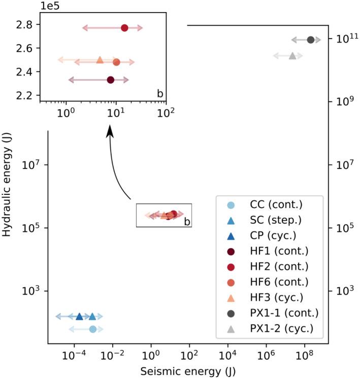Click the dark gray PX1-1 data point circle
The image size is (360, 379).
tap(311, 40)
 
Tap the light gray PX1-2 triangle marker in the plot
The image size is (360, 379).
tap(292, 55)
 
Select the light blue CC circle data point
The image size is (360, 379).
tap(92, 329)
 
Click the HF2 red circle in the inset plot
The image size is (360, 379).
tap(124, 28)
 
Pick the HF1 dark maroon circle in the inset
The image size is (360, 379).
tap(111, 80)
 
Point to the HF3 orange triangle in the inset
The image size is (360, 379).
tap(100, 60)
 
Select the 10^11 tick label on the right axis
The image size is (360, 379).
tap(340, 38)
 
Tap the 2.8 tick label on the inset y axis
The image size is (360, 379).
tap(24, 25)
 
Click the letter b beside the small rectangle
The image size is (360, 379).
tap(187, 221)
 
